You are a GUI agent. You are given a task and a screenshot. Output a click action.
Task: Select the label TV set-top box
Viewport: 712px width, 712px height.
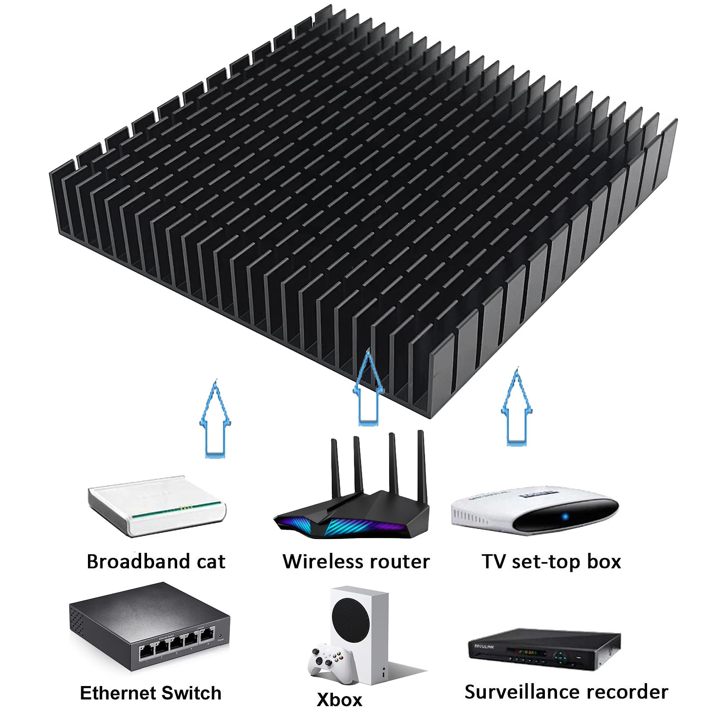point(551,561)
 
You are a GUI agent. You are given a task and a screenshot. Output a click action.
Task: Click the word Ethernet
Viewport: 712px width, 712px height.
point(118,693)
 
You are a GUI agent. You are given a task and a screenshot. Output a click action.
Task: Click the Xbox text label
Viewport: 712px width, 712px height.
point(339,700)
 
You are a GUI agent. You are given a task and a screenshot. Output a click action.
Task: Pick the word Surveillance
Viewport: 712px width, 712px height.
point(521,692)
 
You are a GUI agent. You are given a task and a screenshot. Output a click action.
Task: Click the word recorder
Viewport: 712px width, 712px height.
point(628,692)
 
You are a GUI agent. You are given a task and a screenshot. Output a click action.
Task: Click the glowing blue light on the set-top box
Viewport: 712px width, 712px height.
point(565,516)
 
